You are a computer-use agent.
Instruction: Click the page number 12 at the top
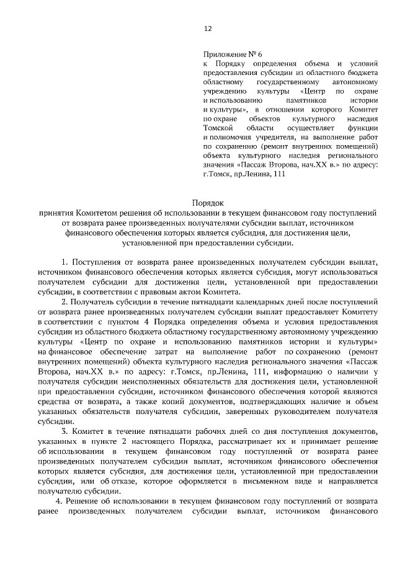207,29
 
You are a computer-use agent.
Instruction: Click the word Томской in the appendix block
218,127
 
